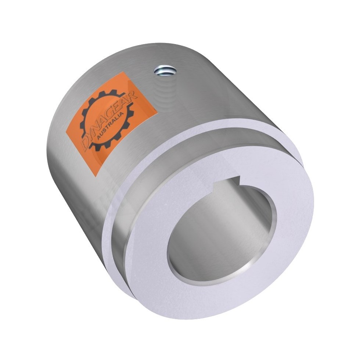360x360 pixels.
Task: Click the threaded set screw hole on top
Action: click(164, 70)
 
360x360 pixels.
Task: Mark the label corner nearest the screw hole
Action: click(124, 72)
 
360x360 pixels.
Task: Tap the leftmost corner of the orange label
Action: click(66, 132)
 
